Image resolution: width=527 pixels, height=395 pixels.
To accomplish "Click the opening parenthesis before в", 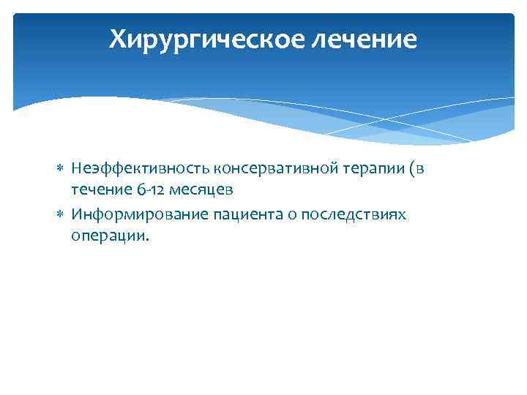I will click(x=413, y=169).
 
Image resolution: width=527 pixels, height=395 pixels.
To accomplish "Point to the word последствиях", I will click(x=354, y=214).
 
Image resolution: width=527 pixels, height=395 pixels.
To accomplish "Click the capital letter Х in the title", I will click(x=118, y=39).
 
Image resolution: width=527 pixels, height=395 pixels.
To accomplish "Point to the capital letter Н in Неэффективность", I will click(x=76, y=169).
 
